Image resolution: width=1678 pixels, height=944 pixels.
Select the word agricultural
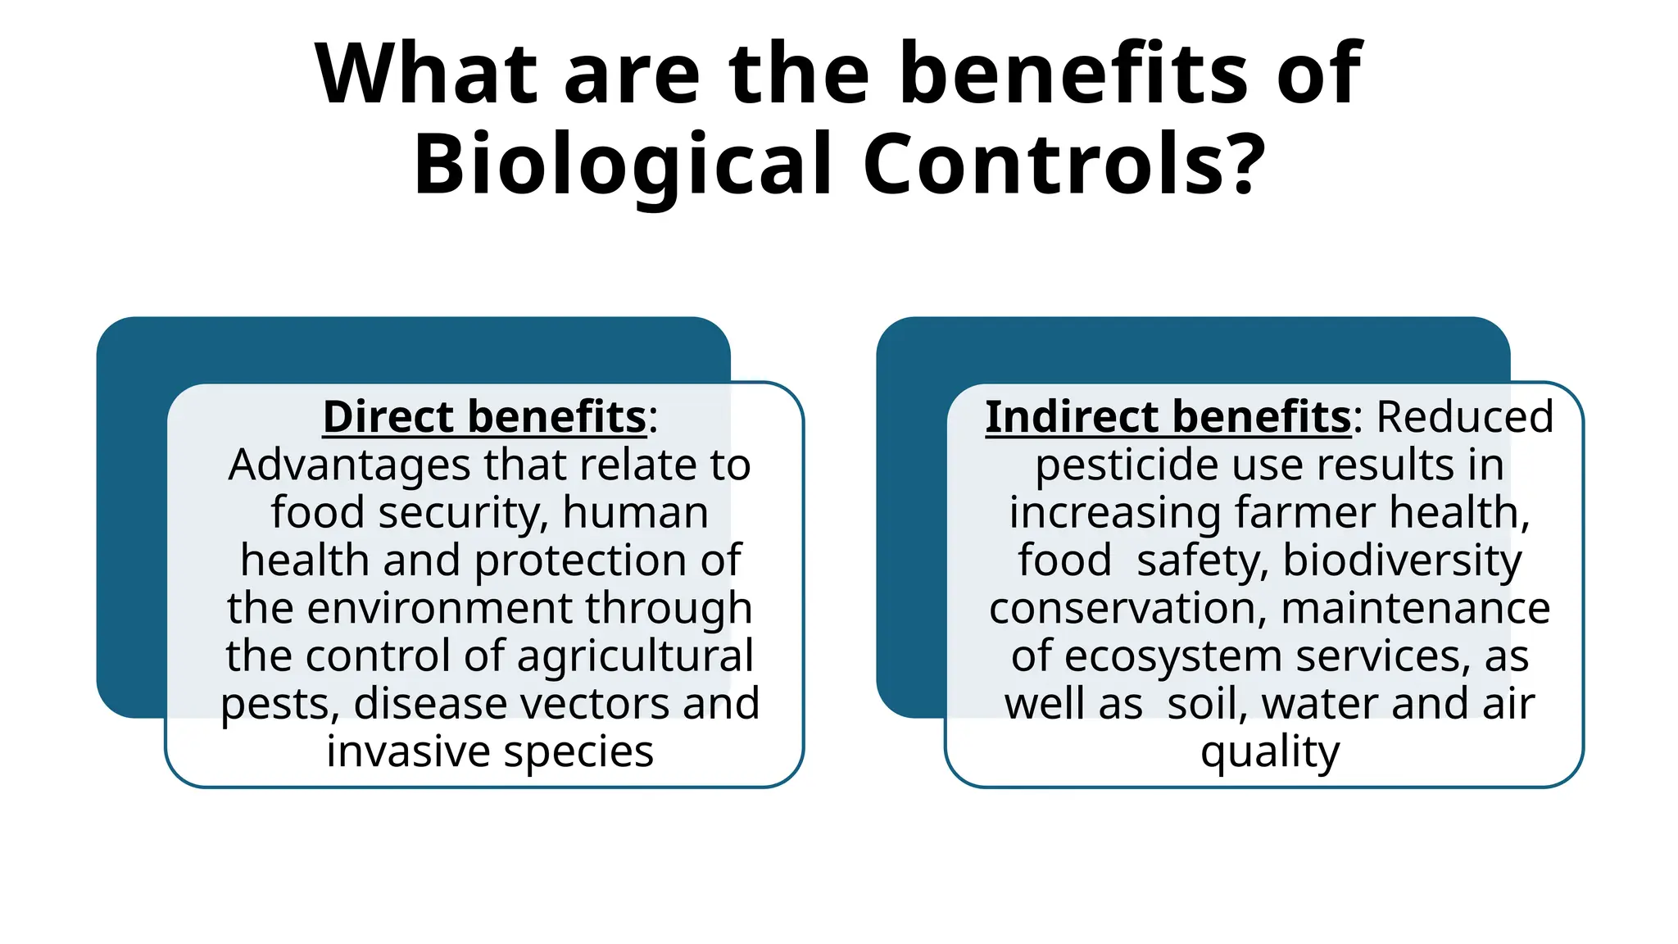pos(635,656)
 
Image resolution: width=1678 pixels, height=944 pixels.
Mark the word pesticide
pos(1127,465)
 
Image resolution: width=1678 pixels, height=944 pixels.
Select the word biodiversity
pos(1402,560)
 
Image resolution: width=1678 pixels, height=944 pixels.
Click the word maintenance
pos(1415,608)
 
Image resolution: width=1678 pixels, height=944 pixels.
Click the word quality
pos(1270,752)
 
